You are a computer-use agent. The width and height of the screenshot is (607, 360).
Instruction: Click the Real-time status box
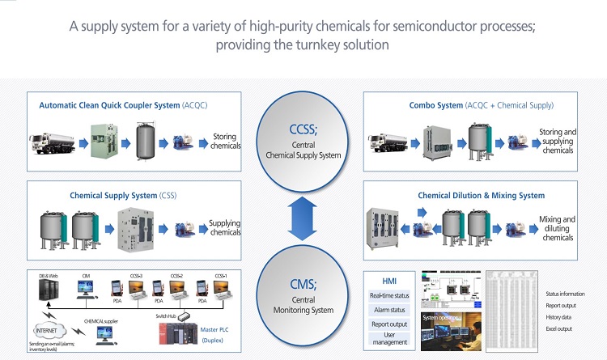point(389,296)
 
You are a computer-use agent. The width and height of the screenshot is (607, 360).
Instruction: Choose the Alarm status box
point(389,310)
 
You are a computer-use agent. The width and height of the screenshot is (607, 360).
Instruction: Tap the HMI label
point(388,282)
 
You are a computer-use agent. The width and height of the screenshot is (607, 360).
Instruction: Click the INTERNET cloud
point(50,331)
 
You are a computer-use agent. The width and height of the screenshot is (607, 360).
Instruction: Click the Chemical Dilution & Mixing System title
point(481,195)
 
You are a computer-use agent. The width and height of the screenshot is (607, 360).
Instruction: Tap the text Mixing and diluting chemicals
point(558,227)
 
